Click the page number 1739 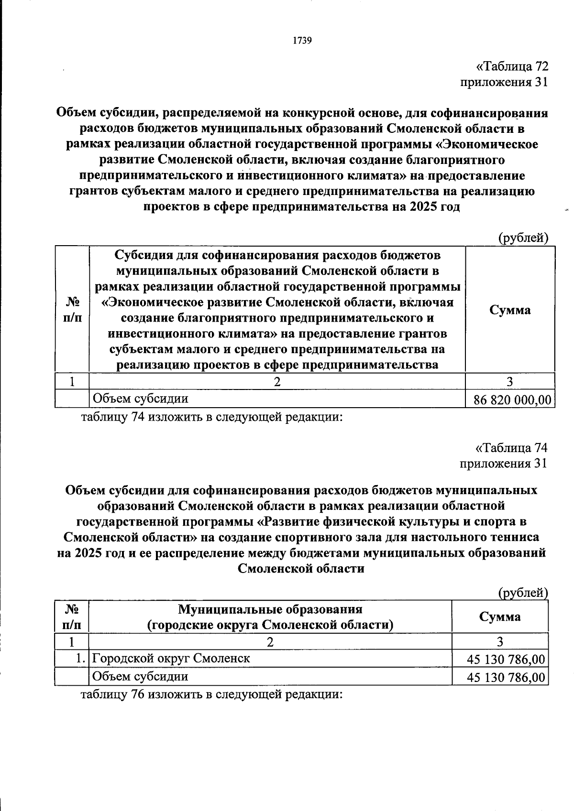302,41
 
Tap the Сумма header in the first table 510,310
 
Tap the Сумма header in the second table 500,616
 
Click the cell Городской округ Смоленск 171,659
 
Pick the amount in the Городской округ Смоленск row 506,660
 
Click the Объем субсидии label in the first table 140,399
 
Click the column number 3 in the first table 510,381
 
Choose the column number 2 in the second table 270,642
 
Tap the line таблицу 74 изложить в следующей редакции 212,417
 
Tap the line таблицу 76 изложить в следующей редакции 212,694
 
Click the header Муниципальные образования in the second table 270,609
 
